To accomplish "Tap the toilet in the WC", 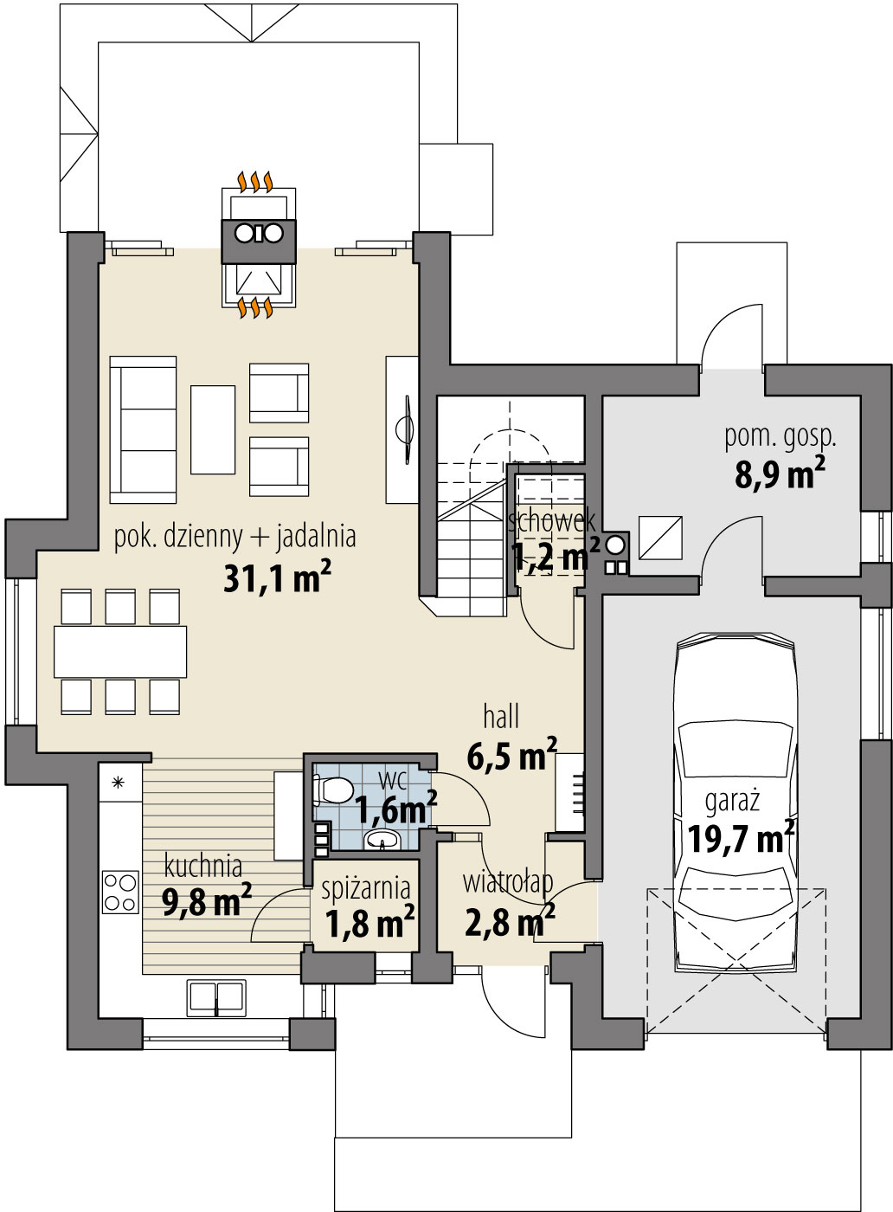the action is (x=331, y=790).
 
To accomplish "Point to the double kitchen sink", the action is (x=216, y=996).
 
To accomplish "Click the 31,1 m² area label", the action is (x=277, y=578).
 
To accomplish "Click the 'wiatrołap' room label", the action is (x=508, y=882).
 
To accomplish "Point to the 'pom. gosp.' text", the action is (x=781, y=437).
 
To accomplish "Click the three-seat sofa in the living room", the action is (x=143, y=429).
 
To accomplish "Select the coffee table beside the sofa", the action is (x=213, y=429).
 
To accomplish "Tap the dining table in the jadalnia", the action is (x=120, y=652).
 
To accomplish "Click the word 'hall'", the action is (x=501, y=717).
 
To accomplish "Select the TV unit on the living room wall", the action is (x=402, y=429).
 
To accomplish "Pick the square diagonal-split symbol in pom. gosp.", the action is (x=660, y=538).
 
